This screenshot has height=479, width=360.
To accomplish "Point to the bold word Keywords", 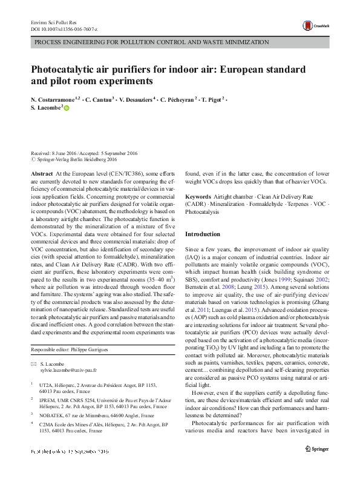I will click(198, 197).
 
